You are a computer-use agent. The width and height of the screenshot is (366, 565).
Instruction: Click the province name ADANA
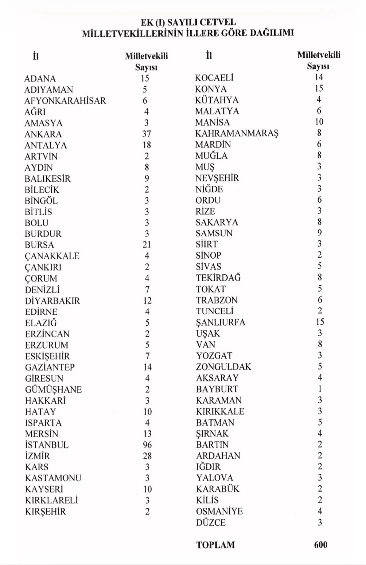(40, 79)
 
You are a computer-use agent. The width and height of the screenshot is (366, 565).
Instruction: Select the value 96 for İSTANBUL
(147, 445)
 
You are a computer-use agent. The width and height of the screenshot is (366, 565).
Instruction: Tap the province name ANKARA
(43, 134)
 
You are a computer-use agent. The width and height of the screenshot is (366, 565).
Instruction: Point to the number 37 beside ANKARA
(147, 134)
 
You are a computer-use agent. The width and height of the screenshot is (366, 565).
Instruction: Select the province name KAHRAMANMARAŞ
(237, 133)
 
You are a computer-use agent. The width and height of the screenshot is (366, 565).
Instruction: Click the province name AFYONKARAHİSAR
(65, 101)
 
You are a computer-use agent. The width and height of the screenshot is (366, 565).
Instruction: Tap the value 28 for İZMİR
(147, 456)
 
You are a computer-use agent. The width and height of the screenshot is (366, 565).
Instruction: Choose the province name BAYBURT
(217, 389)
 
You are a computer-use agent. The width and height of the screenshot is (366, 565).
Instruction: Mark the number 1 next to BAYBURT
(320, 389)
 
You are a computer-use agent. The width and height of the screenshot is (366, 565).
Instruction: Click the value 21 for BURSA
(147, 245)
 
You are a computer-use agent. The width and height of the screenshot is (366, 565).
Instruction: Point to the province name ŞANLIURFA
(220, 322)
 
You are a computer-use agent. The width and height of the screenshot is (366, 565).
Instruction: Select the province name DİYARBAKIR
(52, 301)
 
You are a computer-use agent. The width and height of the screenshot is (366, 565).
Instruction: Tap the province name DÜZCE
(211, 523)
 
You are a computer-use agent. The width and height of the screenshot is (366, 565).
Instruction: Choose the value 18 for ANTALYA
(147, 145)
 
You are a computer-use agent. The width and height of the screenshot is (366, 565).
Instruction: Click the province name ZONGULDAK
(223, 367)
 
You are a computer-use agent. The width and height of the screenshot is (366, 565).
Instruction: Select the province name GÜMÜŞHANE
(53, 389)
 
